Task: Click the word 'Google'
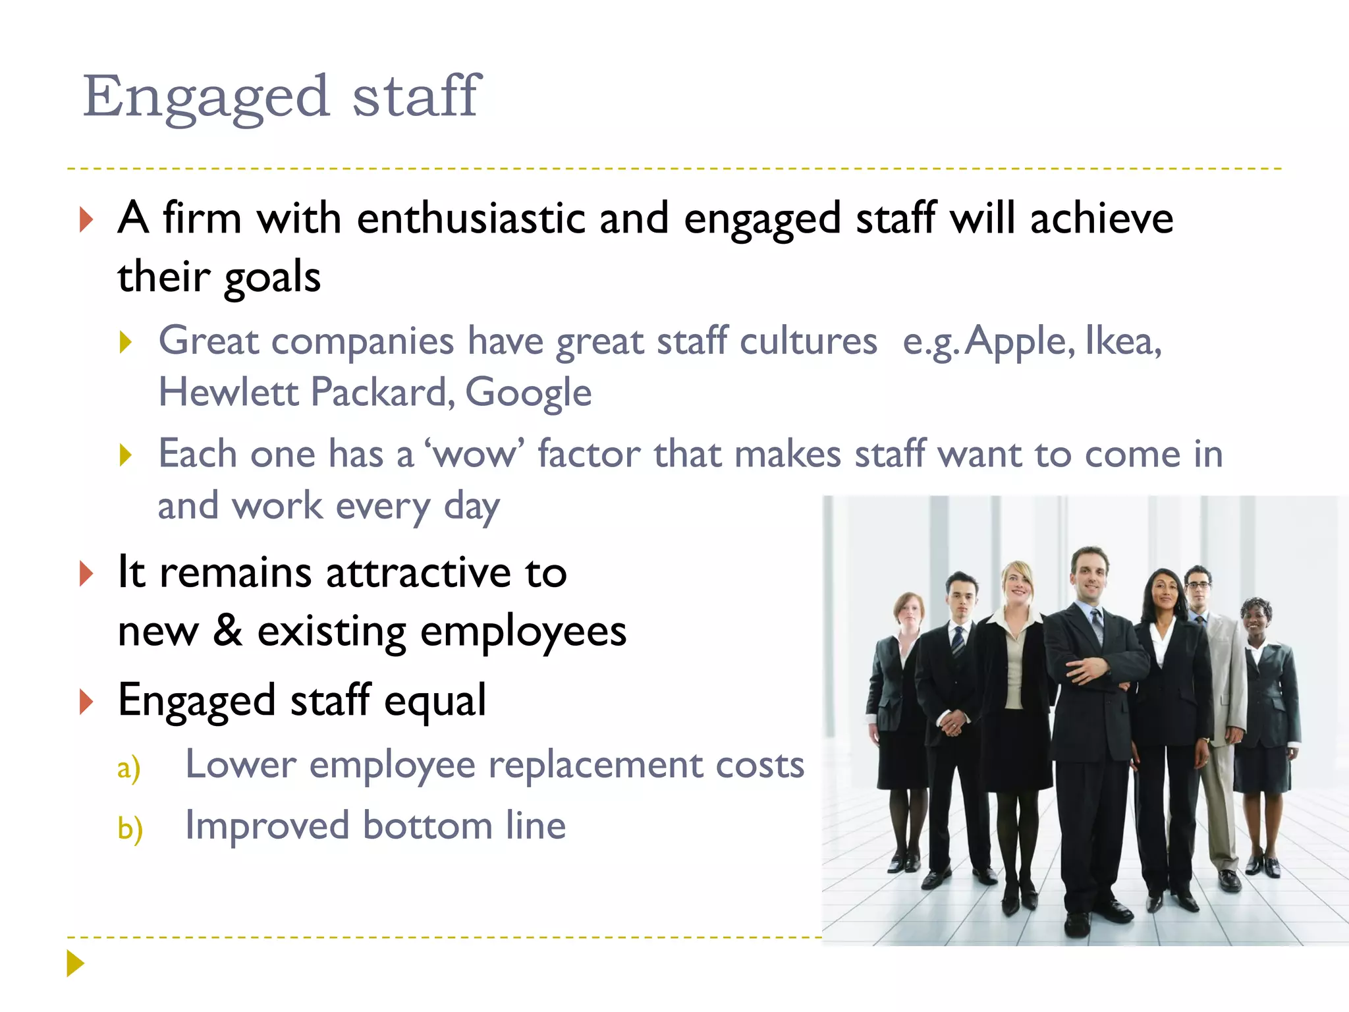pos(528,393)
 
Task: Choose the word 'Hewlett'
pos(229,392)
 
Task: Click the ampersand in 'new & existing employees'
pos(227,631)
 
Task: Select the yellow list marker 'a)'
pos(129,768)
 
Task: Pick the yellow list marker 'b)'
pos(130,828)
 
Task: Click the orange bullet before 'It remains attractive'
pos(86,573)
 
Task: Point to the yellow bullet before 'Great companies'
pos(126,342)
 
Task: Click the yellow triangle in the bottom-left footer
pos(76,963)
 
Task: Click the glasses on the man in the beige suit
pos(1198,585)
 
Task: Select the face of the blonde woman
pos(1018,584)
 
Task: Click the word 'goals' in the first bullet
pos(272,277)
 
